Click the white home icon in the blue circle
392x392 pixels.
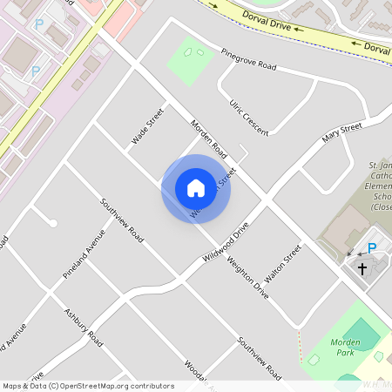pos(196,187)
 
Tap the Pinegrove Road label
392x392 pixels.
pos(247,59)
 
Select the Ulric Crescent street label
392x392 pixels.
pos(248,117)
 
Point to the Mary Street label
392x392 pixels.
pos(341,134)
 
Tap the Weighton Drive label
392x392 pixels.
pos(247,278)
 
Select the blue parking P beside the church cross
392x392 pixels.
pos(372,249)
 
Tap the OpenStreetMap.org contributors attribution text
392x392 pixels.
pos(125,386)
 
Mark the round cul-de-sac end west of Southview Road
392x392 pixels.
pos(53,224)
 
